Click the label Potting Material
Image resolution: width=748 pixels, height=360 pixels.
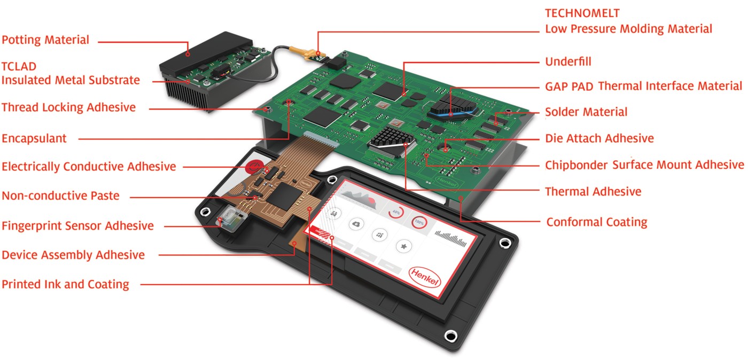tap(45, 40)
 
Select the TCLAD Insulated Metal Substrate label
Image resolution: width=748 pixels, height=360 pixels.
tap(71, 74)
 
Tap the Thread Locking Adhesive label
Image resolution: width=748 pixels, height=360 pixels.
tap(68, 107)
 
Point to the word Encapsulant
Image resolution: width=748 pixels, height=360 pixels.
tap(34, 138)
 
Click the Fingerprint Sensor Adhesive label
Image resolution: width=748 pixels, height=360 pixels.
tap(77, 226)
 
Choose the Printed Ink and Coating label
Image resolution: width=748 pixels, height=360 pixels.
tap(65, 284)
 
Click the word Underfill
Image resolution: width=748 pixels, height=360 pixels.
tap(568, 61)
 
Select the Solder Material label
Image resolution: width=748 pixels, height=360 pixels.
tap(586, 112)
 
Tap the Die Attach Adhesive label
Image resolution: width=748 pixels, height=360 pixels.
tap(599, 138)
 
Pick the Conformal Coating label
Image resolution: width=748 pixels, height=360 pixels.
tap(596, 222)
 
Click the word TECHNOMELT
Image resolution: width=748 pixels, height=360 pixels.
tap(582, 13)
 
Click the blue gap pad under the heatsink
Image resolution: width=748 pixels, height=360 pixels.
tap(449, 112)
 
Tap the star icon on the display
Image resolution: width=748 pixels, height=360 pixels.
tap(404, 246)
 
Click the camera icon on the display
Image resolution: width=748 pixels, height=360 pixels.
tap(356, 224)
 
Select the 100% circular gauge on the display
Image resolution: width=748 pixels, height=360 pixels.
tap(419, 221)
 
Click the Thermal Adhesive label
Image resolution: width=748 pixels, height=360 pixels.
tap(593, 191)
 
